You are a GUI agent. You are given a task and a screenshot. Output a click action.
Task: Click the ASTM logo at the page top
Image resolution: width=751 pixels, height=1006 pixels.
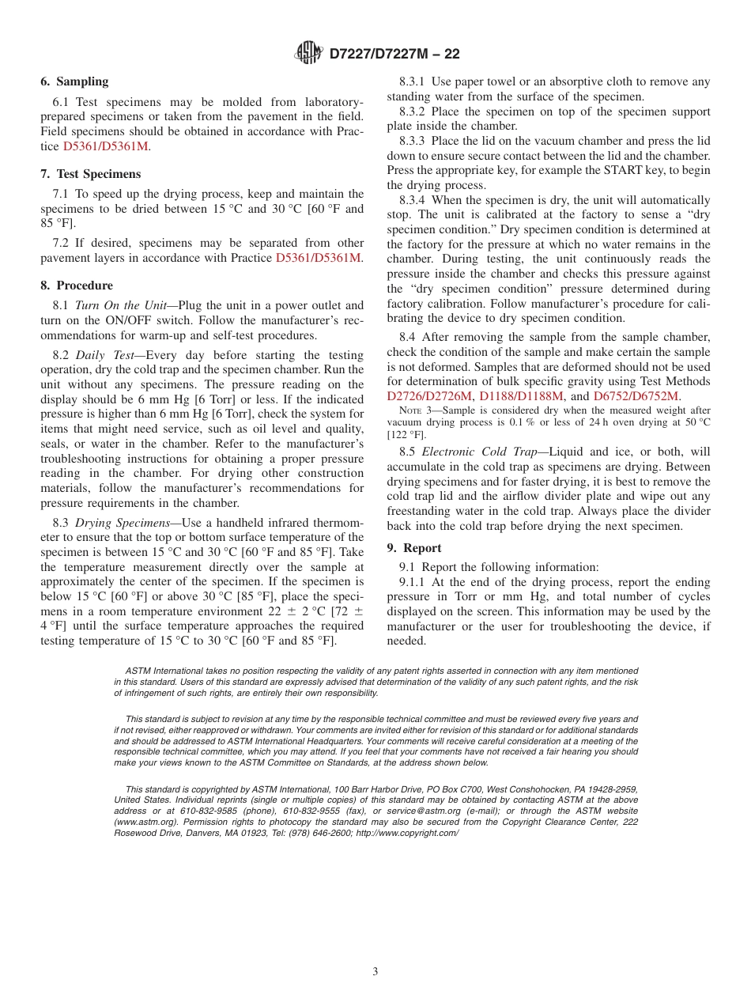308,53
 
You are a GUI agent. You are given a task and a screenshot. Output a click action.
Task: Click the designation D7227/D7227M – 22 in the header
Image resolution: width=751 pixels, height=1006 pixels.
394,55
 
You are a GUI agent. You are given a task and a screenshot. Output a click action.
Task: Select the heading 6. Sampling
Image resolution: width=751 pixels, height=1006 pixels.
74,81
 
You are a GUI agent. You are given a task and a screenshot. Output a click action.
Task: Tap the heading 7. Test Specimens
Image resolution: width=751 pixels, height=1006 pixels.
90,174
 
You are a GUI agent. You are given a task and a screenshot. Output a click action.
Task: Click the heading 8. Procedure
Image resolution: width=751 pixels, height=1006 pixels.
77,286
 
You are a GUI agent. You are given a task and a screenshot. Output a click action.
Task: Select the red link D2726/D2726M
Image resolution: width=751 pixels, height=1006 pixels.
429,396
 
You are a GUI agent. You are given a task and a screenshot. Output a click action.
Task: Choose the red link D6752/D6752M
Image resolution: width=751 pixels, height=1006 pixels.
636,396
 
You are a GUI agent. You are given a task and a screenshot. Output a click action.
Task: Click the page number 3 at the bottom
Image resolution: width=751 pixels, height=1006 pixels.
375,972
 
